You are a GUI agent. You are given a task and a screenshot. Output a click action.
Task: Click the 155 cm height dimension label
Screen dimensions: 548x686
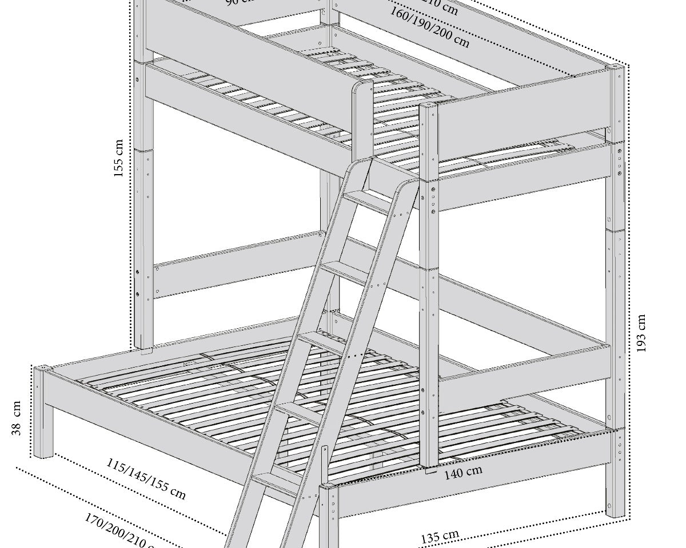point(119,159)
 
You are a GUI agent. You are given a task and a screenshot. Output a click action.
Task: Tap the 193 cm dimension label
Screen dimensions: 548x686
point(641,333)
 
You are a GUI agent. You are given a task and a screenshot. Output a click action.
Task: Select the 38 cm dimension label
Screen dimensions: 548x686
point(17,418)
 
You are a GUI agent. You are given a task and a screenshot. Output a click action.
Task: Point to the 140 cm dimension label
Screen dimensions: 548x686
point(464,472)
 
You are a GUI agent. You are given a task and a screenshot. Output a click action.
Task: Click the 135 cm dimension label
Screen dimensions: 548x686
point(440,537)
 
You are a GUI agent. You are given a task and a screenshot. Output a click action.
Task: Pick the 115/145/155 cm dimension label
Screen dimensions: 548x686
point(146,479)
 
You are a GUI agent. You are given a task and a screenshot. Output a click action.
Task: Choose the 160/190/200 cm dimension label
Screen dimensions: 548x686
point(430,27)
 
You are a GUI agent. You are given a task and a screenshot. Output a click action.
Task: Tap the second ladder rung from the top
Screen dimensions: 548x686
point(343,271)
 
